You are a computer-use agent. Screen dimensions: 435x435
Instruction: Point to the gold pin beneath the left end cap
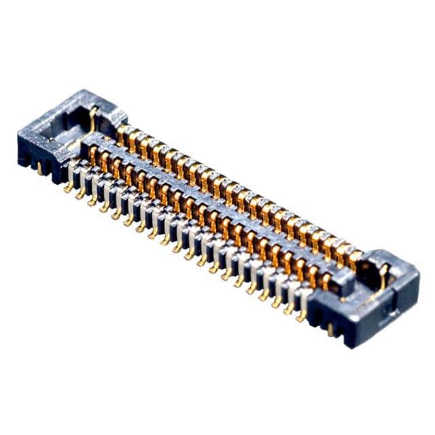pos(41,169)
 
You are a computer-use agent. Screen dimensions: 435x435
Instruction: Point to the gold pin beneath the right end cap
pos(331,329)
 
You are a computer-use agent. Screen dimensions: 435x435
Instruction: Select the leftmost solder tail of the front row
pos(69,186)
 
